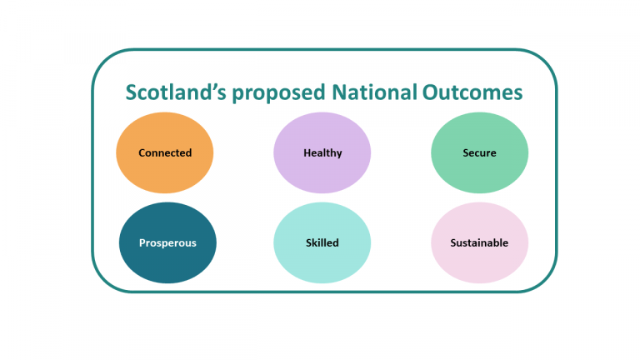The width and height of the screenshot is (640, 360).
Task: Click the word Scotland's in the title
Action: (x=175, y=92)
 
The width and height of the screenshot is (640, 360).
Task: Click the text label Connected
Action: (x=165, y=153)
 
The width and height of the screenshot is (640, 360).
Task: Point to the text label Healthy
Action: (x=322, y=153)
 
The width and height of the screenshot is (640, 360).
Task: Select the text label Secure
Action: (x=479, y=153)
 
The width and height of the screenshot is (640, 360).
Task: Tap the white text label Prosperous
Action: (x=168, y=243)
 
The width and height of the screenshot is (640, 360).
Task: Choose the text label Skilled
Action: (x=322, y=243)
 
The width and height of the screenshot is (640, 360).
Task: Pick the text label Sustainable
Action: (x=479, y=243)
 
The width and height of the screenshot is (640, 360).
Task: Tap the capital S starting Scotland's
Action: (x=132, y=92)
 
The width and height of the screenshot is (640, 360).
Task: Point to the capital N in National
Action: (x=338, y=92)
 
